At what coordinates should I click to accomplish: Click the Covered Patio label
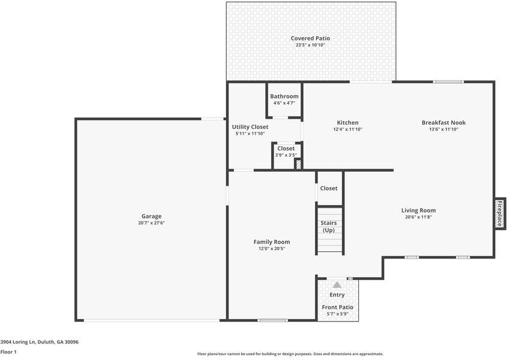(310, 38)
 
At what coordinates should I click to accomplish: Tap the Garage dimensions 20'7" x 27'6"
(151, 223)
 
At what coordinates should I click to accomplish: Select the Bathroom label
(284, 97)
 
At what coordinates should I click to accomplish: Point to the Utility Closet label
(250, 127)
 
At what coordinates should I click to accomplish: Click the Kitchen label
(347, 122)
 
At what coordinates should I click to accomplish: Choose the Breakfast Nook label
(443, 122)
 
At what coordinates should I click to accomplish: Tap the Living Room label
(418, 210)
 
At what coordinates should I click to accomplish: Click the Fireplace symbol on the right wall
(499, 213)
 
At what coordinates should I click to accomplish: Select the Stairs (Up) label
(329, 226)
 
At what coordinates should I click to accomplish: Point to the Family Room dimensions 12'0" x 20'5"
(271, 248)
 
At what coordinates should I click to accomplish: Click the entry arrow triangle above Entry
(337, 285)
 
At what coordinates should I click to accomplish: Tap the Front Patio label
(337, 307)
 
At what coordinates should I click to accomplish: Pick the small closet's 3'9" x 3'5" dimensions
(286, 155)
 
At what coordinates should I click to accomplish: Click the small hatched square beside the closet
(298, 164)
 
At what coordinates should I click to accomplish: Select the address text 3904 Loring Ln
(39, 342)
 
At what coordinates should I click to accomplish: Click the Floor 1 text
(8, 352)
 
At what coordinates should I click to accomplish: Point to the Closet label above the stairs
(329, 188)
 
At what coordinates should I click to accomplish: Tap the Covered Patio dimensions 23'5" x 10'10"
(310, 45)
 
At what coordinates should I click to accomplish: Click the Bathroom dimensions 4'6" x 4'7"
(284, 103)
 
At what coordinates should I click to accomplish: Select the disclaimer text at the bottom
(290, 354)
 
